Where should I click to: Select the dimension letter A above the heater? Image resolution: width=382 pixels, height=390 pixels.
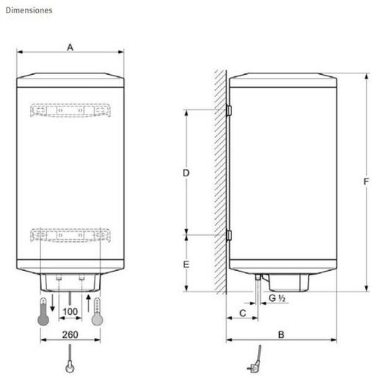point(71,46)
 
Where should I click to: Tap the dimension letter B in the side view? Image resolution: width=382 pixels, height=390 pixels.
point(281,334)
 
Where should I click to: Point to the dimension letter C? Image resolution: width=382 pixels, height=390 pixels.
point(242,314)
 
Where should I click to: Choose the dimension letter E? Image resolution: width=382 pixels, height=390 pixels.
point(187,264)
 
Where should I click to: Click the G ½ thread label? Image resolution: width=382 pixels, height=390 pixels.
point(277,297)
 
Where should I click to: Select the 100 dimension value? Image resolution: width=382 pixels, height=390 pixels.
point(70,312)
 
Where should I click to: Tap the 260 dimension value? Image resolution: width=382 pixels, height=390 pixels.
point(70,335)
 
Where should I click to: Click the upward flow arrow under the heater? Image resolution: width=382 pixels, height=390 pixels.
point(87,302)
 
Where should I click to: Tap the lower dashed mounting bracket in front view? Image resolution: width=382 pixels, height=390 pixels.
point(71,235)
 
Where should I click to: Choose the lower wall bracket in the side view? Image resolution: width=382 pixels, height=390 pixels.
point(228,236)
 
